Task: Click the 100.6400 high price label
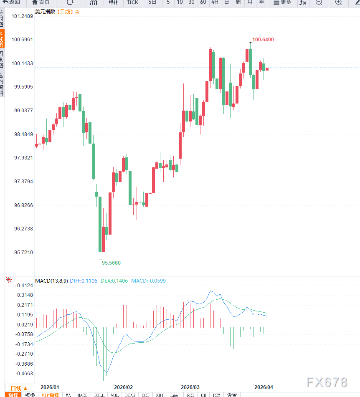coord(263,39)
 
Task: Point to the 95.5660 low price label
coord(111,263)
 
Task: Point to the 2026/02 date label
coord(123,387)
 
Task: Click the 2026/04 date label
coord(264,387)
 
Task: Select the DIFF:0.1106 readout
coord(84,281)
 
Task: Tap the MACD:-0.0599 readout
coord(148,281)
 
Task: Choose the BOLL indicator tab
coord(99,395)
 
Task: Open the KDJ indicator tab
coord(160,395)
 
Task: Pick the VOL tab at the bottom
coord(114,395)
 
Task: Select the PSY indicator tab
coord(216,395)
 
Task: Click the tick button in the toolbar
coord(132,3)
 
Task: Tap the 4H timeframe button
coord(214,3)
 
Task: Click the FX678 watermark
coord(327,382)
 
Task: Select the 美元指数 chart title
coord(45,12)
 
